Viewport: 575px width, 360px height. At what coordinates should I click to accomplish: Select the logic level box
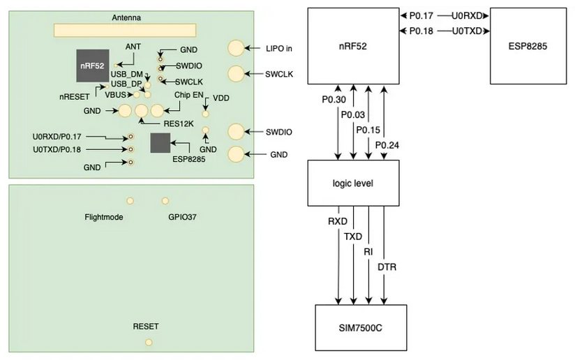353,183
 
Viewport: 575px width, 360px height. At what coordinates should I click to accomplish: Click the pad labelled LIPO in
237,47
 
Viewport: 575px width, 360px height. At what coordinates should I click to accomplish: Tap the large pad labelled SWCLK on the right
237,73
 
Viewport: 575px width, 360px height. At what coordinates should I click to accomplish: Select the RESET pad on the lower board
148,342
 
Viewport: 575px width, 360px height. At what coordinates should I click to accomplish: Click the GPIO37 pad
165,201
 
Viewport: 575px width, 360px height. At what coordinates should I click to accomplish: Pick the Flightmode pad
127,201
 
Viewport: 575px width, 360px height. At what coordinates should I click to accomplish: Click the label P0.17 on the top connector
421,14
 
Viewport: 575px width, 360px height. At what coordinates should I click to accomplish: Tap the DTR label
387,267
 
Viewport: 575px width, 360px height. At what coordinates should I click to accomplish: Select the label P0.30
334,100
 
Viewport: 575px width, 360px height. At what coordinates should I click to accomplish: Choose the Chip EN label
188,95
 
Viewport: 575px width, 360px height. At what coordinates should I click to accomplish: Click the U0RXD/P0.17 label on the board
57,137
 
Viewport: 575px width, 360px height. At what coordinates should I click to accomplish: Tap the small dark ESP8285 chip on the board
160,144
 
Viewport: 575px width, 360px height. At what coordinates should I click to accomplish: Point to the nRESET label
73,97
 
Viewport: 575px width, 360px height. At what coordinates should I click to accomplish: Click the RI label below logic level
368,252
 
